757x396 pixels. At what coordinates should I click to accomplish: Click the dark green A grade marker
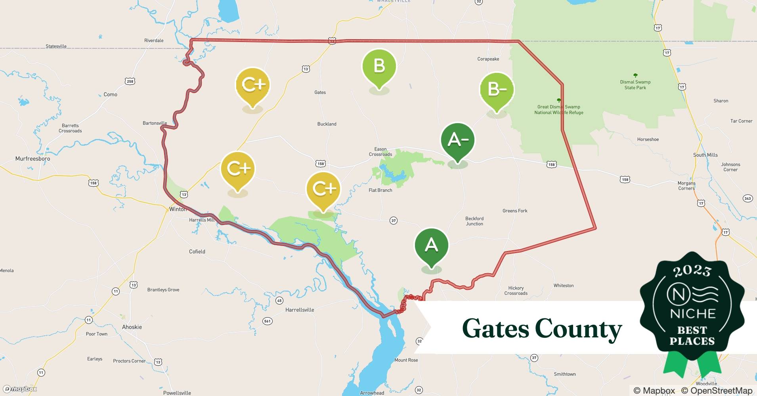[x=431, y=246]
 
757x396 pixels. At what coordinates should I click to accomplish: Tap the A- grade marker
[x=457, y=140]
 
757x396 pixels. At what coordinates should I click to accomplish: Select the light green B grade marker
[x=379, y=66]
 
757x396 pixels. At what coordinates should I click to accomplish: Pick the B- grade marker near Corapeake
[x=497, y=89]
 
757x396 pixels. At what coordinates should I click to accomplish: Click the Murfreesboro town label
[x=32, y=159]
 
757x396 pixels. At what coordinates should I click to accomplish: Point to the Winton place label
[x=177, y=209]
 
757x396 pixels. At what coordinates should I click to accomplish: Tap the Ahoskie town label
[x=132, y=327]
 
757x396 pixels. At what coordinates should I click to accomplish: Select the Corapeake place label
[x=488, y=59]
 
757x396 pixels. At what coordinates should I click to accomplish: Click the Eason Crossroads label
[x=380, y=152]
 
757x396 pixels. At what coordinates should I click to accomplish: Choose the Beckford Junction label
[x=474, y=221]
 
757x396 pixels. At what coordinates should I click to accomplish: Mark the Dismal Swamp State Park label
[x=635, y=85]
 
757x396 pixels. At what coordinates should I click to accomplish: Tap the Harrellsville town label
[x=299, y=310]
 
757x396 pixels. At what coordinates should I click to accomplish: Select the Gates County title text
[x=541, y=329]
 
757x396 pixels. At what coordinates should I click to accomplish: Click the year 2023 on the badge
[x=692, y=271]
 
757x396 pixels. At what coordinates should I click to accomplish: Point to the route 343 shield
[x=747, y=198]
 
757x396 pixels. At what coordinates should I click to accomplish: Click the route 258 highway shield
[x=130, y=82]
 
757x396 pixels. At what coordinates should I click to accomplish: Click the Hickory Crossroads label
[x=516, y=291]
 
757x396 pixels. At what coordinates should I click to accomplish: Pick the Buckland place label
[x=327, y=124]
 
